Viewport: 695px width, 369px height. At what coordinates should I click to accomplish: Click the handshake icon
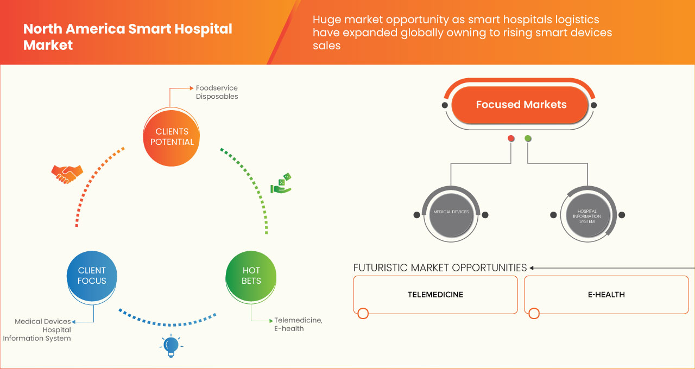tap(67, 174)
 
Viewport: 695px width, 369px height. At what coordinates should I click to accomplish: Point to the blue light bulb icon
tap(171, 346)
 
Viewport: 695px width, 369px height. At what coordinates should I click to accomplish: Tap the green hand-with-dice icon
tap(281, 183)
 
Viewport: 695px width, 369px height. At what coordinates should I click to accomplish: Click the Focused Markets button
tap(521, 105)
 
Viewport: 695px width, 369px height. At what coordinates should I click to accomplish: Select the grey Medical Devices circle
tap(451, 212)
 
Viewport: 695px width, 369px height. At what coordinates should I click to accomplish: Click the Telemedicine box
tap(435, 295)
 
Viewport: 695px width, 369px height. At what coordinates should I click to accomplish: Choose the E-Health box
tap(606, 295)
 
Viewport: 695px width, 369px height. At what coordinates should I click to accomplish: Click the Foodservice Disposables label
tap(217, 92)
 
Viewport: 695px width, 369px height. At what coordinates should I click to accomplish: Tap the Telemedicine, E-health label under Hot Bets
tap(298, 324)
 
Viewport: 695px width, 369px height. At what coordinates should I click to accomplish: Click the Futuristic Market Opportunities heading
tap(440, 268)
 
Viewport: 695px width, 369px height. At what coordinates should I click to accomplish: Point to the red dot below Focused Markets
tap(511, 139)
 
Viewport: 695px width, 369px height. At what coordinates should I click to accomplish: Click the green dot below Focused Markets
tap(528, 139)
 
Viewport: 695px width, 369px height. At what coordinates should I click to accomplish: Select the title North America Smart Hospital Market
tap(128, 37)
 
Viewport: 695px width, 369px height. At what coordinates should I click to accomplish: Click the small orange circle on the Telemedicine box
tap(363, 313)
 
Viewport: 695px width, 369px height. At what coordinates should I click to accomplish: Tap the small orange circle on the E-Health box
tap(534, 313)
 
